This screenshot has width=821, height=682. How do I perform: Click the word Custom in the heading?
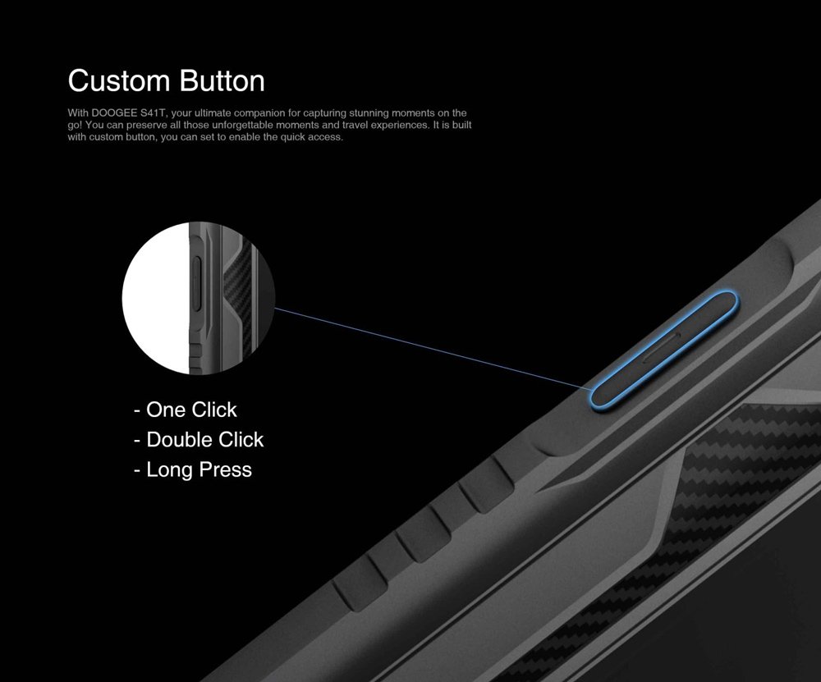click(x=119, y=81)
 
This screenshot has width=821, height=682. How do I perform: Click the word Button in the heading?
click(x=222, y=81)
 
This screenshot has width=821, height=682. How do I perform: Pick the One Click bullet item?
click(x=186, y=410)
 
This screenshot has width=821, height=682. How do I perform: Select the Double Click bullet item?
click(x=199, y=440)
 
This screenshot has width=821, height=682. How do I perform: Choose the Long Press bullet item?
click(x=193, y=470)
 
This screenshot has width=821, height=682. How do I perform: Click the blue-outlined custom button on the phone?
click(x=664, y=350)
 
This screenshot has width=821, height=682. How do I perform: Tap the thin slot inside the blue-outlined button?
click(x=661, y=347)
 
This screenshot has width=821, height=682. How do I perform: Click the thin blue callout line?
click(x=433, y=349)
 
